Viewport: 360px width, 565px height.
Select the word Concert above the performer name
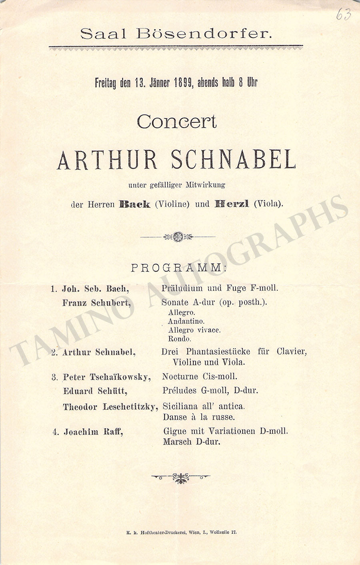click(x=176, y=122)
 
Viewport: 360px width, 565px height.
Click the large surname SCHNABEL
click(x=234, y=160)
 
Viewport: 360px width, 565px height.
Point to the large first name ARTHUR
click(x=108, y=160)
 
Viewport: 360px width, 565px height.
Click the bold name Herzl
click(x=232, y=204)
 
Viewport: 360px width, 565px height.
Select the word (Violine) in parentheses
click(x=172, y=204)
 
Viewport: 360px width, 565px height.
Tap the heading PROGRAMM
click(x=178, y=268)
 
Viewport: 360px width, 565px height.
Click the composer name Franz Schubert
click(x=96, y=303)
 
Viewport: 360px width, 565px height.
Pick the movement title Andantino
click(x=186, y=321)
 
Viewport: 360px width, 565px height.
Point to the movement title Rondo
click(x=180, y=339)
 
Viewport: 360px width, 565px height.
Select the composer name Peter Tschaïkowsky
click(x=107, y=377)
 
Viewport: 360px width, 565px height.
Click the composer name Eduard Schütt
click(x=95, y=391)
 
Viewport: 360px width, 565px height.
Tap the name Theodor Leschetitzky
click(x=110, y=407)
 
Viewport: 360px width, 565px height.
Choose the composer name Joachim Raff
click(x=93, y=432)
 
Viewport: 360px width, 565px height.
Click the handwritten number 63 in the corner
click(x=343, y=15)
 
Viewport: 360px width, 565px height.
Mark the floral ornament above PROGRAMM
click(x=178, y=237)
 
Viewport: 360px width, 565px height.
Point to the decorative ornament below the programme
click(x=181, y=477)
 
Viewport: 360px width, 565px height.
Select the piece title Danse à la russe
click(x=199, y=417)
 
